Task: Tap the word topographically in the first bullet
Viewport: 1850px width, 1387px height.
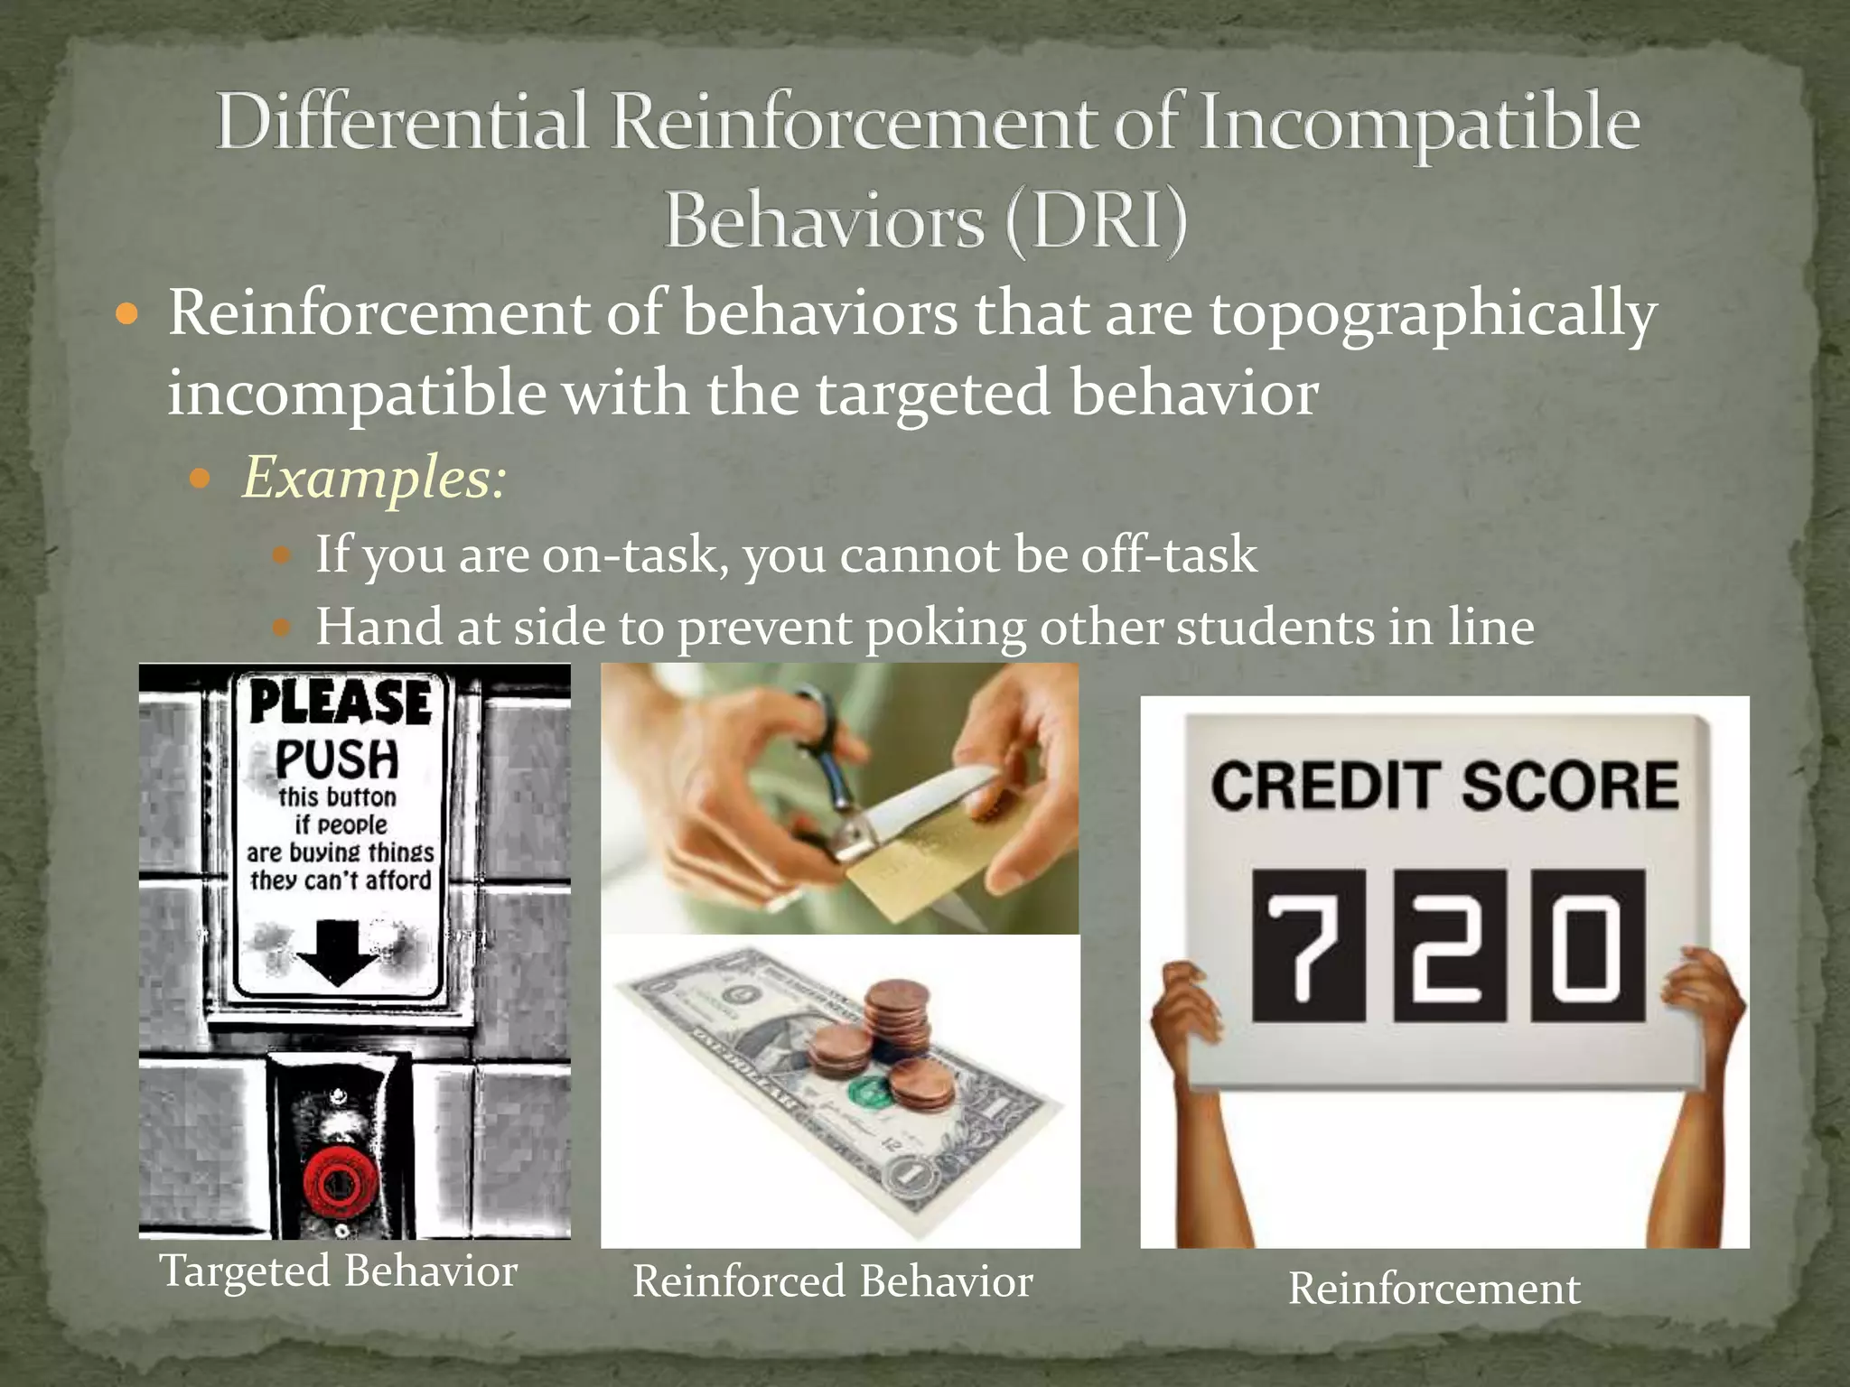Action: (1433, 315)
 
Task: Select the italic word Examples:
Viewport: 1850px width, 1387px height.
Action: (373, 477)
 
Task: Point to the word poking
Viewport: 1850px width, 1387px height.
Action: (945, 628)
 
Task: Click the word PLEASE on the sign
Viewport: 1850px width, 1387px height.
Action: (340, 702)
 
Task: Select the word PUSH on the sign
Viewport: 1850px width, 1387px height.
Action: (337, 759)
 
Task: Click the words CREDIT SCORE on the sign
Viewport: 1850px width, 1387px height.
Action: (1444, 786)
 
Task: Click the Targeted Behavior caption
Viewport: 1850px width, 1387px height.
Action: (339, 1271)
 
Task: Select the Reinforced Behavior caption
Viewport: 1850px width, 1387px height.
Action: (832, 1280)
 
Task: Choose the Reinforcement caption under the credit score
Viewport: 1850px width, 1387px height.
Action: (1434, 1288)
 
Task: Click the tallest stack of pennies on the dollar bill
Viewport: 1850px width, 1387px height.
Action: (894, 1011)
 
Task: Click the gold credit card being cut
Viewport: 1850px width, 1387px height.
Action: (912, 867)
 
